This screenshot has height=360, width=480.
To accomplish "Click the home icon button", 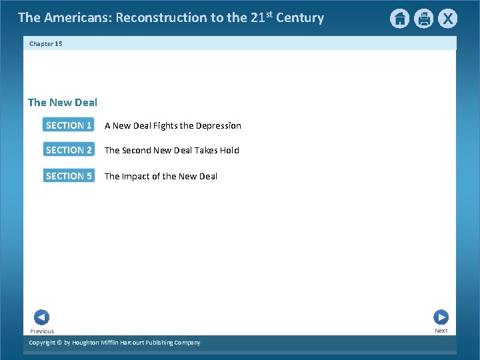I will click(x=399, y=19).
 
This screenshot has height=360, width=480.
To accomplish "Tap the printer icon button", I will click(x=423, y=19).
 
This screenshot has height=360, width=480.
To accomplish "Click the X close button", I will click(x=447, y=19).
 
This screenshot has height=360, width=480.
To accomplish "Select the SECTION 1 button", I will click(x=69, y=125).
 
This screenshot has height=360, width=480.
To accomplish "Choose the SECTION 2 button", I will click(x=69, y=150).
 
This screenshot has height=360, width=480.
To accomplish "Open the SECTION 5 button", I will click(x=69, y=176).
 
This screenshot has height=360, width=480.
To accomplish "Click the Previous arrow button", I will click(x=41, y=317).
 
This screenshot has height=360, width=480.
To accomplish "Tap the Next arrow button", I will click(x=441, y=317).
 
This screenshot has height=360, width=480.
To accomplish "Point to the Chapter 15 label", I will click(x=45, y=43).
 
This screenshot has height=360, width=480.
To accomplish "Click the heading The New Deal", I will click(x=63, y=102).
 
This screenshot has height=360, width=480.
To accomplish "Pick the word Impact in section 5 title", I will click(x=137, y=176).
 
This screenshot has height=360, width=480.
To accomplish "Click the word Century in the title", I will click(x=301, y=18).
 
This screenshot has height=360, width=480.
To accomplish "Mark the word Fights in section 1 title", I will click(x=165, y=125).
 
